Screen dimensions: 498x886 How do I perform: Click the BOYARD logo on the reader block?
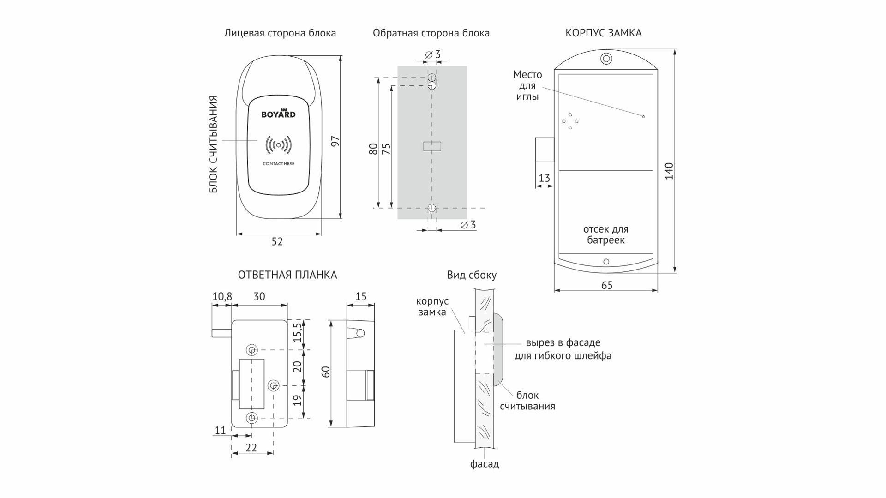pyautogui.click(x=278, y=114)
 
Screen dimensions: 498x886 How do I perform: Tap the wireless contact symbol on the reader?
pyautogui.click(x=278, y=145)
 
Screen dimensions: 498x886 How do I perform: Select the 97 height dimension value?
pyautogui.click(x=335, y=141)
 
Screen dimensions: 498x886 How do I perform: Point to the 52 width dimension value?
pyautogui.click(x=277, y=242)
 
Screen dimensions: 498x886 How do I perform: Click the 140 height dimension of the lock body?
pyautogui.click(x=669, y=171)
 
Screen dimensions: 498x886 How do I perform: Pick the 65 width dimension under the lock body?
pyautogui.click(x=607, y=286)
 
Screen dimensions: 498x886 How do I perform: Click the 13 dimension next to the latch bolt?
pyautogui.click(x=544, y=178)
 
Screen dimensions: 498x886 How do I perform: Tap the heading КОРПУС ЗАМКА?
pyautogui.click(x=603, y=33)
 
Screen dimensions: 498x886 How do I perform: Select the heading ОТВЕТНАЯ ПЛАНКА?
pyautogui.click(x=287, y=275)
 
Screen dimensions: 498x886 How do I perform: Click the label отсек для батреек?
pyautogui.click(x=605, y=234)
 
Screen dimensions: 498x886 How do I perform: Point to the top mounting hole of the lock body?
pyautogui.click(x=606, y=59)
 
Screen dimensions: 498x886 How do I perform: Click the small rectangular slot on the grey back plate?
pyautogui.click(x=432, y=146)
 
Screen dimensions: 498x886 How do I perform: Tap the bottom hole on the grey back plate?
pyautogui.click(x=431, y=208)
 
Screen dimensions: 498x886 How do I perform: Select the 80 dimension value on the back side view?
pyautogui.click(x=373, y=149)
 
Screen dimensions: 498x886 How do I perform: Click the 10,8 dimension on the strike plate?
pyautogui.click(x=222, y=297)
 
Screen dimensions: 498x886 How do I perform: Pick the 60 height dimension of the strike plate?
pyautogui.click(x=326, y=372)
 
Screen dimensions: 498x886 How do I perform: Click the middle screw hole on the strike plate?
pyautogui.click(x=274, y=385)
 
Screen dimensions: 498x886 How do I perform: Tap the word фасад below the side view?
pyautogui.click(x=485, y=464)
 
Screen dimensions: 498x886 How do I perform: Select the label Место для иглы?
pyautogui.click(x=527, y=85)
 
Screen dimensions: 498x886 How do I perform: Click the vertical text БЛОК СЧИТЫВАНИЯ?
pyautogui.click(x=213, y=144)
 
